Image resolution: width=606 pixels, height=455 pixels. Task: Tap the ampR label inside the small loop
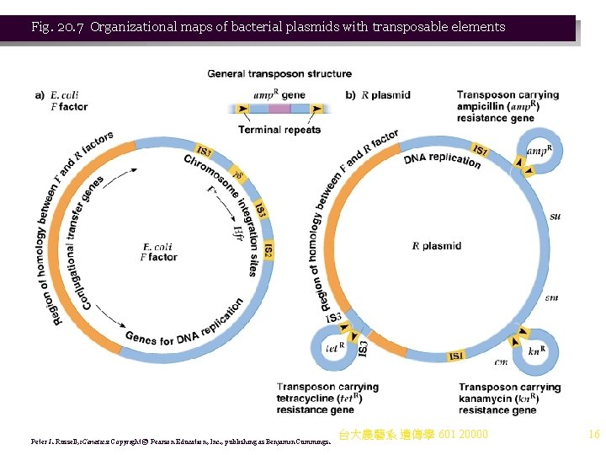pyautogui.click(x=538, y=152)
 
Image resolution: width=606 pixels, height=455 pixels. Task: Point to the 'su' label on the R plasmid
pyautogui.click(x=555, y=217)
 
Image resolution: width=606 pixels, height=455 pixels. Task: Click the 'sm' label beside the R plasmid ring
pyautogui.click(x=551, y=297)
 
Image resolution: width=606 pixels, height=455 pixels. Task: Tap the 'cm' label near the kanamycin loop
pyautogui.click(x=501, y=362)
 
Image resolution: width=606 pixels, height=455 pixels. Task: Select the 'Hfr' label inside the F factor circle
pyautogui.click(x=238, y=232)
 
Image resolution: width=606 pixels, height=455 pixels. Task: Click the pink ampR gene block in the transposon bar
pyautogui.click(x=279, y=109)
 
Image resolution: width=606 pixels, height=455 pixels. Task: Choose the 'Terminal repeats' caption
pyautogui.click(x=279, y=130)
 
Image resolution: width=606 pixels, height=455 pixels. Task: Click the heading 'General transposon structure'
pyautogui.click(x=279, y=74)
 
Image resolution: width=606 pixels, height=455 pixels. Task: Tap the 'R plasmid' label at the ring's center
pyautogui.click(x=436, y=246)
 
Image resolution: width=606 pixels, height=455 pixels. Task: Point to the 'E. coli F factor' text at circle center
pyautogui.click(x=158, y=252)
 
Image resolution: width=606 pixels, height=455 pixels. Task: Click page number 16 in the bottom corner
pyautogui.click(x=593, y=435)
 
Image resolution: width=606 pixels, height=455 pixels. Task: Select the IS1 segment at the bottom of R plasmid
pyautogui.click(x=454, y=356)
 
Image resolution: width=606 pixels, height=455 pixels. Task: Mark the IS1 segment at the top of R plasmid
pyautogui.click(x=480, y=150)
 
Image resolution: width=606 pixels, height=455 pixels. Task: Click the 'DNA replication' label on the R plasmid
pyautogui.click(x=442, y=159)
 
